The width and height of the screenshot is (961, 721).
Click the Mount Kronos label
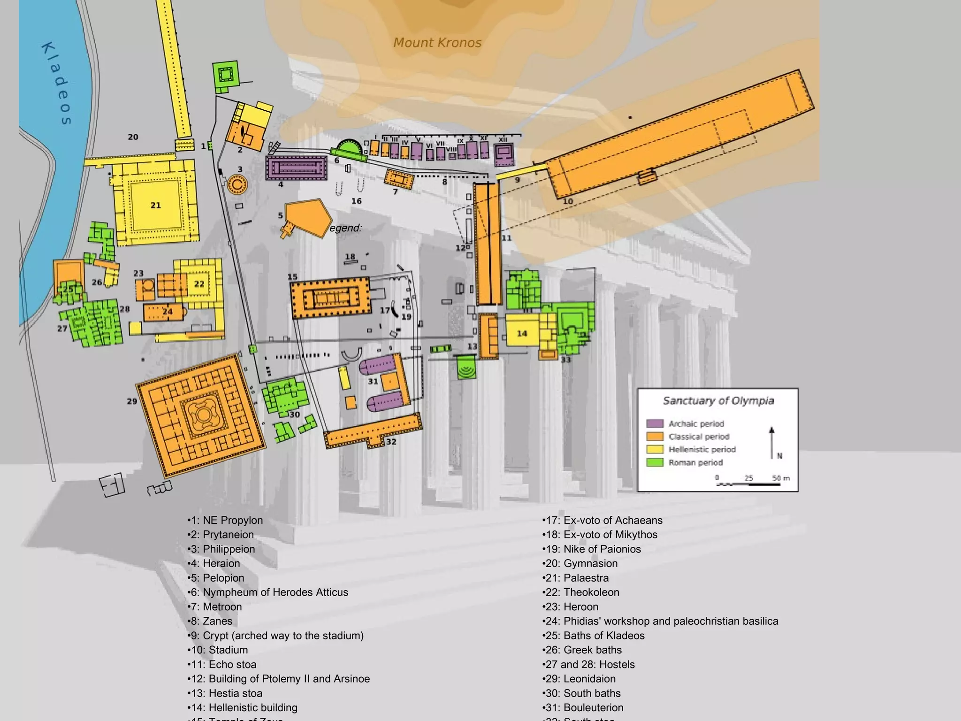click(x=437, y=43)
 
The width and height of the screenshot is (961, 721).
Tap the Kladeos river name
click(x=57, y=84)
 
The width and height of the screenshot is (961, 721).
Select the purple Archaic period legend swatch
click(x=655, y=423)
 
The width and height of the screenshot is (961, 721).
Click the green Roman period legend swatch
click(x=655, y=462)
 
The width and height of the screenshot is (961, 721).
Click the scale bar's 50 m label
click(x=781, y=478)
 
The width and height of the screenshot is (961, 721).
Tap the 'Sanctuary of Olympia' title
click(x=718, y=400)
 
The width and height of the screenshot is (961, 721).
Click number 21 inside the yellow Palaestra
click(x=155, y=205)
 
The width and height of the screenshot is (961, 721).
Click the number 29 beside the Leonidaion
click(x=132, y=401)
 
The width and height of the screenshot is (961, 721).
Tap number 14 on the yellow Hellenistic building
click(x=522, y=333)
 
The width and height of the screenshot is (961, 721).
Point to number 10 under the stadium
click(x=568, y=201)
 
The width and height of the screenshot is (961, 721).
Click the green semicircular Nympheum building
click(x=348, y=149)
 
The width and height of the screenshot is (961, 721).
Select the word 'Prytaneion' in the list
click(x=228, y=535)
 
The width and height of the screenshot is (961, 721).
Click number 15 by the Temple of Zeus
click(x=292, y=277)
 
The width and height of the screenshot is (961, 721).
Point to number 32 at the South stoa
click(x=391, y=442)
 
